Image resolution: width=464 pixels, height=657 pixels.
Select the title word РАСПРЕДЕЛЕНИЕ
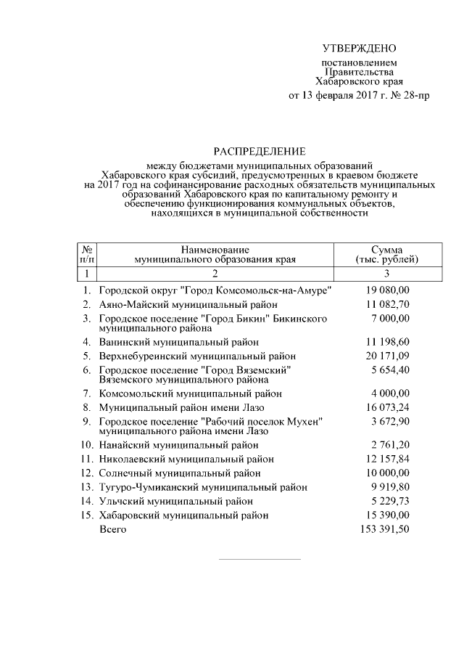point(259,152)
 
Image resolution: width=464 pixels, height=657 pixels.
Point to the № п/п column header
point(86,254)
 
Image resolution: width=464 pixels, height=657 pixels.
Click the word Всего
point(112,529)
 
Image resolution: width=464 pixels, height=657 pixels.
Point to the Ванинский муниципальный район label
point(178,341)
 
